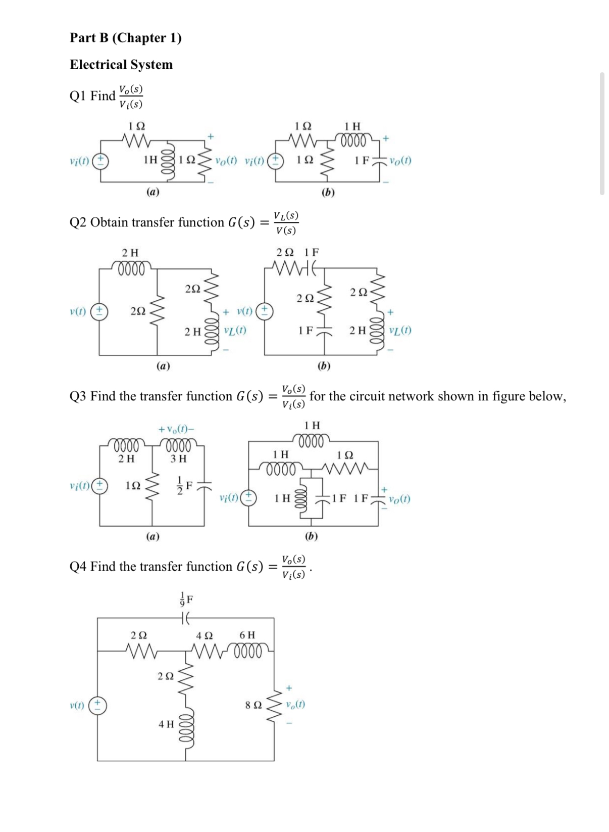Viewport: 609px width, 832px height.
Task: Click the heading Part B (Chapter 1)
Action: (x=125, y=38)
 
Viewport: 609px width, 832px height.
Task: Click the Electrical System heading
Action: (x=121, y=65)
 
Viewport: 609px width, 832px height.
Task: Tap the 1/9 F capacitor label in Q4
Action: (x=186, y=599)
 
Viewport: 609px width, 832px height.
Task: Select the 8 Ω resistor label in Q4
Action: (x=253, y=704)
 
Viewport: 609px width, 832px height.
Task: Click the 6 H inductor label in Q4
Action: (x=247, y=635)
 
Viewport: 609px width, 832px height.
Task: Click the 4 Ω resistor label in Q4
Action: (x=205, y=635)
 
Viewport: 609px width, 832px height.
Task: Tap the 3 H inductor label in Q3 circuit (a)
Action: (x=178, y=458)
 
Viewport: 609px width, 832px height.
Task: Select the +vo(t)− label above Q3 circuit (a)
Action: (x=176, y=429)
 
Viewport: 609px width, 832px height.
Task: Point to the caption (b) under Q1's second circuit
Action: (x=328, y=192)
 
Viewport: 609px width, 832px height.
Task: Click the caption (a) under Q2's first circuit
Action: (x=163, y=365)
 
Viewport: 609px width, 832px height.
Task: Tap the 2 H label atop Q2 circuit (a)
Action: (x=130, y=252)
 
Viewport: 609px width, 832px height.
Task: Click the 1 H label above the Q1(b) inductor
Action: (x=352, y=126)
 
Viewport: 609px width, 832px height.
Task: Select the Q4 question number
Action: (x=78, y=567)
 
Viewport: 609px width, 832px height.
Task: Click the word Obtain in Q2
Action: (x=109, y=222)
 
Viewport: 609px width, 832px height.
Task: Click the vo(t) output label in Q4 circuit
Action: (x=295, y=704)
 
